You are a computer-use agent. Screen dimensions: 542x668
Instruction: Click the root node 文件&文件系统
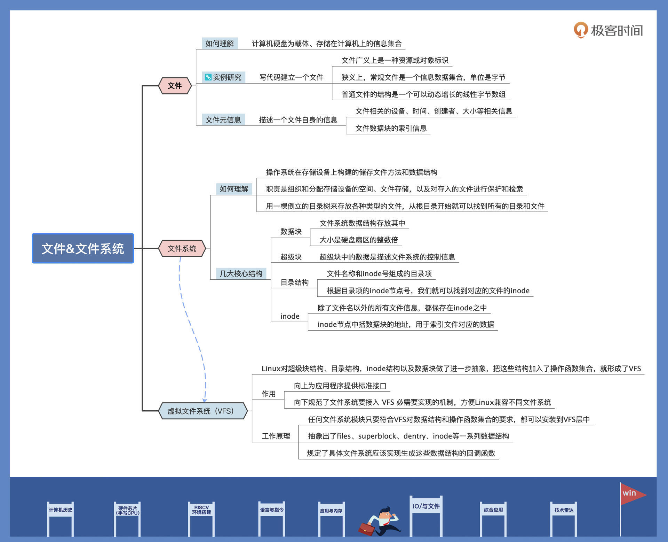tap(83, 248)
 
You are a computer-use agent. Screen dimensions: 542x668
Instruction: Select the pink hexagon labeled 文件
tap(175, 86)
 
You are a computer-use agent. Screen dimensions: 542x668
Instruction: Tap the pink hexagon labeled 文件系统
tap(182, 248)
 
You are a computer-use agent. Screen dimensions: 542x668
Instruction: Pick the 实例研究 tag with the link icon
tap(224, 77)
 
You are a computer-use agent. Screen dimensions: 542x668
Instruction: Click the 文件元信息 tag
tap(223, 120)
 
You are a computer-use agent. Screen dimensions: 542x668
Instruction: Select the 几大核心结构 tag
tap(241, 274)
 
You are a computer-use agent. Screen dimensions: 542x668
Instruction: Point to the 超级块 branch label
tap(291, 257)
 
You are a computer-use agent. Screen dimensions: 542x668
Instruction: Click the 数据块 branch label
tap(291, 232)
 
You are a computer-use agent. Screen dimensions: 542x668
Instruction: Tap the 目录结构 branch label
tap(294, 282)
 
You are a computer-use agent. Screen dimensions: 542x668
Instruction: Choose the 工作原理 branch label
tap(276, 436)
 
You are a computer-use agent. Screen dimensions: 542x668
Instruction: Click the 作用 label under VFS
tap(269, 394)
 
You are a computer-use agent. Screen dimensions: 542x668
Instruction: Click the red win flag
tap(631, 494)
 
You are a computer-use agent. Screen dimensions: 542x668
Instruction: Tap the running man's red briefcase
tap(366, 529)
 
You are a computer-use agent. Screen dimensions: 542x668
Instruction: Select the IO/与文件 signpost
tap(426, 506)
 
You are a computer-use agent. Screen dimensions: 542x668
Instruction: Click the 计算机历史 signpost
tap(61, 510)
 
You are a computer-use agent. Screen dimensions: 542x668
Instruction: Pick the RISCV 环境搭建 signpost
tap(201, 510)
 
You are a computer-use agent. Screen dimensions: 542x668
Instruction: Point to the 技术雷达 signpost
tap(564, 510)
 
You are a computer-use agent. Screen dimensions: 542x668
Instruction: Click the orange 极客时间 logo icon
tap(581, 30)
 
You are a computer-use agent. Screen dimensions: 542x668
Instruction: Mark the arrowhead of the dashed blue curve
tap(205, 401)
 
